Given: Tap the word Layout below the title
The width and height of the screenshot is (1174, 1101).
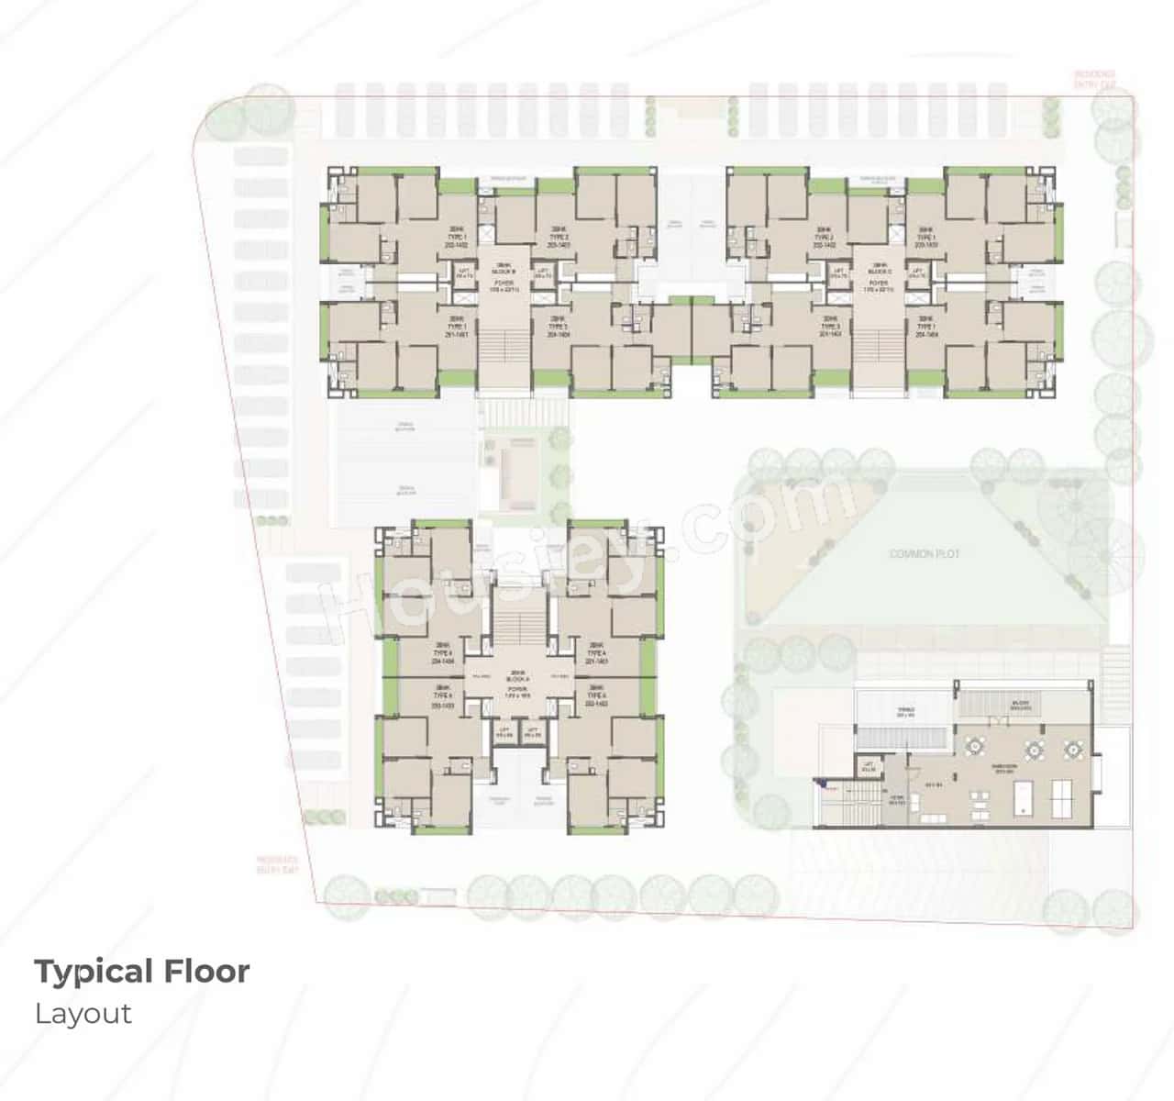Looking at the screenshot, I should tap(83, 1014).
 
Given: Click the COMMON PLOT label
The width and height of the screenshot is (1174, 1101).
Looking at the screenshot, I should tap(925, 554).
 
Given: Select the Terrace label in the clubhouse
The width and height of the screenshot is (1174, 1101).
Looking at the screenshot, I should tap(906, 712).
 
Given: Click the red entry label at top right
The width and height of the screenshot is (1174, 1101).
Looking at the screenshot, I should tap(1096, 79).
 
